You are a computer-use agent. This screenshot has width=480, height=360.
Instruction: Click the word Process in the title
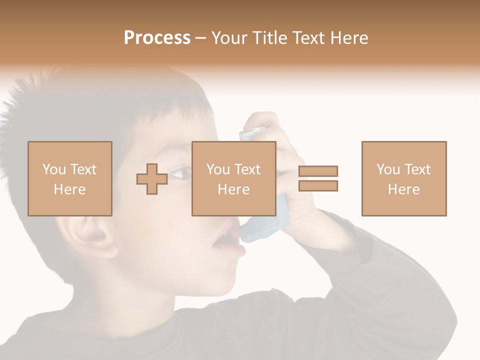[157, 38]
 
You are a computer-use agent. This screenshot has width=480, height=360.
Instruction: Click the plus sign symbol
[152, 179]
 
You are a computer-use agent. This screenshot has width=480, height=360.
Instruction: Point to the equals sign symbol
[318, 178]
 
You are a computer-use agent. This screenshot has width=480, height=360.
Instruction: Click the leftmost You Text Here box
[69, 178]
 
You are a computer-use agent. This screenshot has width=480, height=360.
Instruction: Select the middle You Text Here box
[233, 178]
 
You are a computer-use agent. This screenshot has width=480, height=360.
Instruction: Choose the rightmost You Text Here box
[403, 178]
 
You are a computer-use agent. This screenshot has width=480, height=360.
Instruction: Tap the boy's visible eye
[181, 173]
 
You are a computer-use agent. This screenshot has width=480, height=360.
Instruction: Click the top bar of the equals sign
[318, 171]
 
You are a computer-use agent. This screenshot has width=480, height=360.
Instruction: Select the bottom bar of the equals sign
[318, 185]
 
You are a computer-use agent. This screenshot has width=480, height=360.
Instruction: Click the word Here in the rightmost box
[403, 189]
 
